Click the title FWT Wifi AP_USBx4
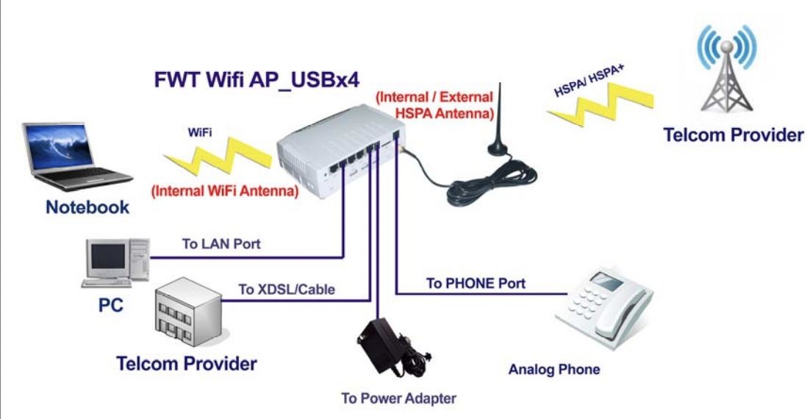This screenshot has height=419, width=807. click(257, 80)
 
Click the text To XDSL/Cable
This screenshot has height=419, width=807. click(287, 289)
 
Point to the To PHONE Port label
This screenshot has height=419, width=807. click(476, 283)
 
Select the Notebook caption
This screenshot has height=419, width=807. click(87, 207)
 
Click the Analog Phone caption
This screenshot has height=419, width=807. click(553, 369)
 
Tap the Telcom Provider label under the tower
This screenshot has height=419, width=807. click(733, 135)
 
